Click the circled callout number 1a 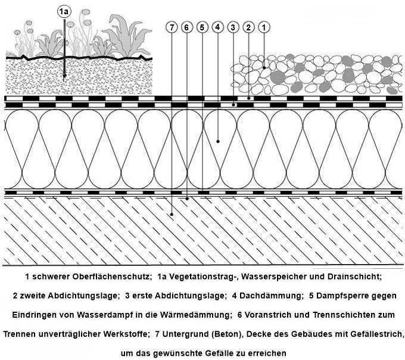[64, 11]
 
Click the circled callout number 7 [172, 27]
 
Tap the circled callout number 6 [187, 27]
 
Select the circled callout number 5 [202, 27]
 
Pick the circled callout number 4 [218, 27]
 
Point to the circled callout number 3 [233, 27]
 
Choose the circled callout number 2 [248, 27]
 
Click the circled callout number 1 [264, 27]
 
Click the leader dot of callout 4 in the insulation [218, 141]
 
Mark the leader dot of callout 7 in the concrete [172, 214]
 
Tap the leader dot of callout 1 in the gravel [264, 68]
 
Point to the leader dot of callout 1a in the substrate [64, 76]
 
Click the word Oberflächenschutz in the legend [111, 277]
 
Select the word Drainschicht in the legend [354, 277]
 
